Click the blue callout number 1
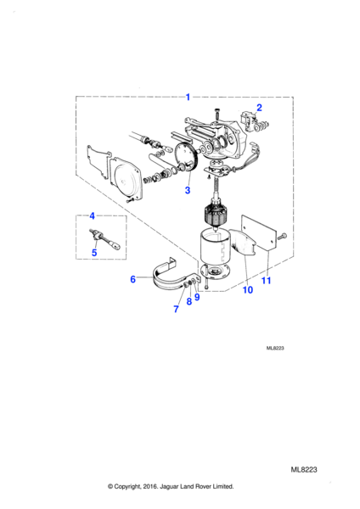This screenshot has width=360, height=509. [x=188, y=97]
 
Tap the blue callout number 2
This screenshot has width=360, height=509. [x=259, y=108]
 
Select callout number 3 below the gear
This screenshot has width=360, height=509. [x=188, y=190]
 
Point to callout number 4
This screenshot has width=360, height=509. [x=93, y=215]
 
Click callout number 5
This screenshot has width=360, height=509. [x=94, y=252]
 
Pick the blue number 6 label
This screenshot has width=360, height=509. [x=133, y=279]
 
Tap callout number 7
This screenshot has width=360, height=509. [x=176, y=309]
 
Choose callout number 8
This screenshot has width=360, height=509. [x=189, y=301]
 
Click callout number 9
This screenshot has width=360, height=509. [x=197, y=297]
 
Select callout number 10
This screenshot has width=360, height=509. [x=248, y=290]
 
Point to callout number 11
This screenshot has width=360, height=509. [x=266, y=280]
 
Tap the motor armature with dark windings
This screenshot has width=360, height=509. [x=215, y=215]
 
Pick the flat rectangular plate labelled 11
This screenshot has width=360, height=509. [x=259, y=232]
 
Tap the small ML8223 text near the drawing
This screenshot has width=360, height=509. [x=275, y=349]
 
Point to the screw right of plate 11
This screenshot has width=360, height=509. [x=283, y=236]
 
